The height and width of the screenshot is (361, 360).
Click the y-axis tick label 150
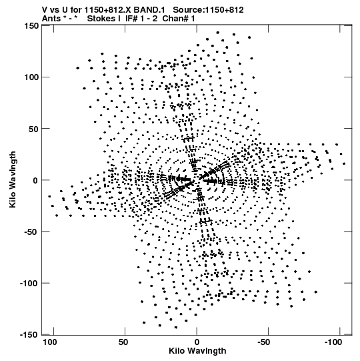(31, 26)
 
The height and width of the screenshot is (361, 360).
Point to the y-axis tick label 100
(31, 77)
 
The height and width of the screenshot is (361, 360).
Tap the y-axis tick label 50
(33, 129)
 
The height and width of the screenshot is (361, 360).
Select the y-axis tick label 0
(35, 180)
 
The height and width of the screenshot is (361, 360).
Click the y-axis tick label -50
(31, 232)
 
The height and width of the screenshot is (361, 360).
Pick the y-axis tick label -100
(29, 284)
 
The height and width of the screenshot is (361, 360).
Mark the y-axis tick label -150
(29, 334)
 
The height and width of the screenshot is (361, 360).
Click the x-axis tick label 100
(50, 342)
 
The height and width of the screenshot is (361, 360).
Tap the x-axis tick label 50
(123, 342)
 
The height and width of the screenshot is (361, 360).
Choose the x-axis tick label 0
(197, 342)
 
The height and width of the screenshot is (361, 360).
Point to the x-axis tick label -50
(263, 342)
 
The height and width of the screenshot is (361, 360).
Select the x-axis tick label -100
(333, 342)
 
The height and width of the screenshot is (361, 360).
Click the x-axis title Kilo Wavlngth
(197, 351)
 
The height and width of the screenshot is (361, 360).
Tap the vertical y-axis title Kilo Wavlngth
(13, 179)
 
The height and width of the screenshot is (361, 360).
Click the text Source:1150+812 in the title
(208, 10)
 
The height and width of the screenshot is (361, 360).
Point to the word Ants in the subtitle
(51, 19)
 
